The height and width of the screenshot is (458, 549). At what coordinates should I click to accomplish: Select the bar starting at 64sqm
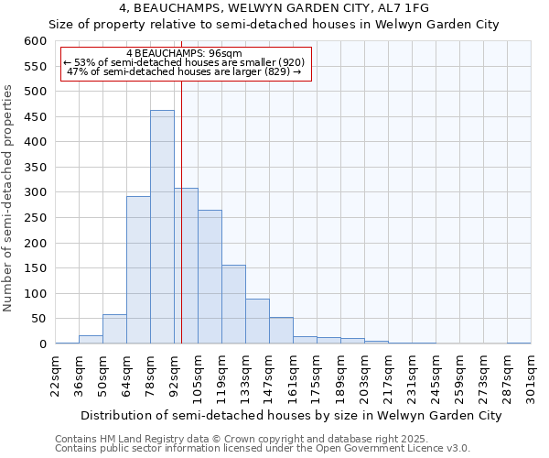tap(138, 270)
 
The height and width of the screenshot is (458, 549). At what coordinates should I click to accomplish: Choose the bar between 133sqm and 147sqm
tap(257, 322)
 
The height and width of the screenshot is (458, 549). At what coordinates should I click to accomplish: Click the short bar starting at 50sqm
tap(114, 330)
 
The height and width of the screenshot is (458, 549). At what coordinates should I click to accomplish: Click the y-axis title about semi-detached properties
tap(9, 198)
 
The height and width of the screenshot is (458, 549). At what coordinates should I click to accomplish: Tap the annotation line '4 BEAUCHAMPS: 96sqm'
tap(186, 54)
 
